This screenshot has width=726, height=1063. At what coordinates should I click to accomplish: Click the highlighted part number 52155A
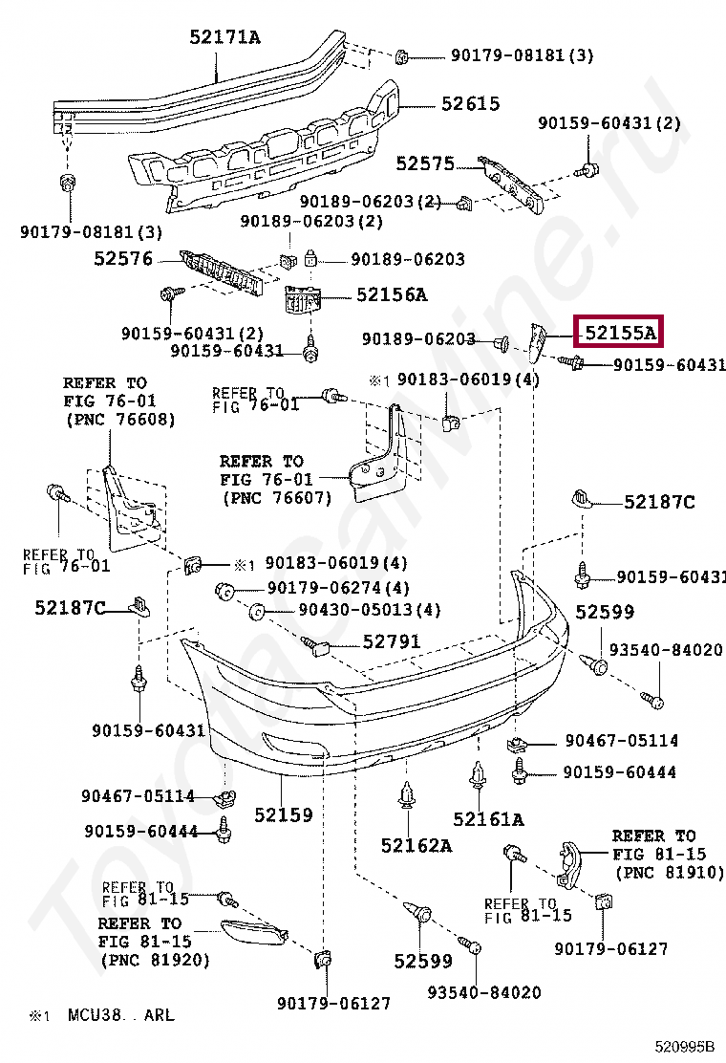pyautogui.click(x=620, y=333)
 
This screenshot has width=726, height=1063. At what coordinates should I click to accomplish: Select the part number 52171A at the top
pyautogui.click(x=224, y=37)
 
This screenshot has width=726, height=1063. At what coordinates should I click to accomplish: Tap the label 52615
pyautogui.click(x=470, y=104)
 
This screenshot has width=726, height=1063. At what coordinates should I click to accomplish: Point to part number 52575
pyautogui.click(x=425, y=163)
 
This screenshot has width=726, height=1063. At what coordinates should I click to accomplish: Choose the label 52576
pyautogui.click(x=123, y=258)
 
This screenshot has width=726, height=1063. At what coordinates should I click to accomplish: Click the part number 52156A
pyautogui.click(x=392, y=294)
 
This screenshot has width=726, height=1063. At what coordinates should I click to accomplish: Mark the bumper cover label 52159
pyautogui.click(x=283, y=814)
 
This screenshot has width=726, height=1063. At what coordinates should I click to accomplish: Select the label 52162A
pyautogui.click(x=416, y=845)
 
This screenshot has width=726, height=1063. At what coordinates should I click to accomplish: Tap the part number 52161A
pyautogui.click(x=488, y=819)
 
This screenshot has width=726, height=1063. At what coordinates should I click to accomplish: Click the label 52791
pyautogui.click(x=391, y=641)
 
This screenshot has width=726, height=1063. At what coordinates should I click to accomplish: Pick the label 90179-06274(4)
pyautogui.click(x=338, y=588)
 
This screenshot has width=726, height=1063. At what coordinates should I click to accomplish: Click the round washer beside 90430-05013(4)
pyautogui.click(x=256, y=611)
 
